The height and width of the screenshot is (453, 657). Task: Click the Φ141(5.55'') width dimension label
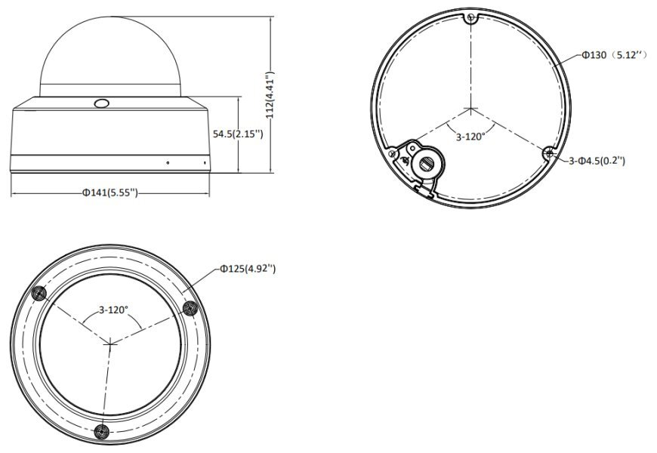(x=109, y=193)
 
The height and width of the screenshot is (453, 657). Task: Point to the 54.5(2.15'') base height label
(x=238, y=134)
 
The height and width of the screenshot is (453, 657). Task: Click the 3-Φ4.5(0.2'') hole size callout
(x=597, y=161)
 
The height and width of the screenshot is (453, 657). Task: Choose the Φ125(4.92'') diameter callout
(x=248, y=269)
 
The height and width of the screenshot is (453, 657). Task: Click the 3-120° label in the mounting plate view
(x=470, y=136)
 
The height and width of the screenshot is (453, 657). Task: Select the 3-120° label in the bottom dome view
(x=113, y=310)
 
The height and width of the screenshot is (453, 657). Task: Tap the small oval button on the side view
(x=101, y=103)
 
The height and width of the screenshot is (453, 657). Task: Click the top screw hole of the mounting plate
(x=471, y=18)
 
